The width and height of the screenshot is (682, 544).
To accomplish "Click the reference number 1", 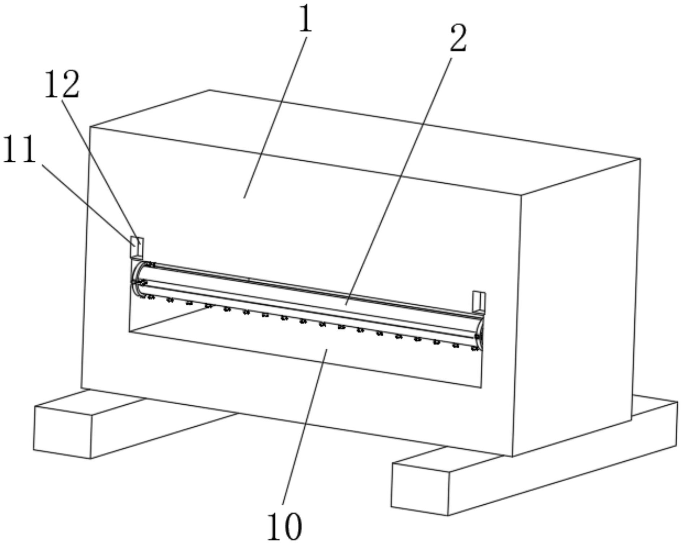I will tap(306, 20).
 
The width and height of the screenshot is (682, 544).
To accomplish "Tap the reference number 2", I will tap(458, 39).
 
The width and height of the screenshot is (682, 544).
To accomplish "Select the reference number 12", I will tap(62, 85).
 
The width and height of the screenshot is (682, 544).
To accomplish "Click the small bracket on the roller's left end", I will tap(137, 247).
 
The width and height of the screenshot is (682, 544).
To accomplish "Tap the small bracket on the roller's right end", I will tap(479, 301).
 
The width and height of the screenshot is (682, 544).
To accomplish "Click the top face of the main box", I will tap(361, 141).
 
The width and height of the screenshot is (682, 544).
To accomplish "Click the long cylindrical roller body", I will tap(307, 296).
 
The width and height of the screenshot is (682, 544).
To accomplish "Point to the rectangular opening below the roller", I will tap(307, 347).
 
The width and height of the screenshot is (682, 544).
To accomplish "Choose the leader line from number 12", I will tap(101, 170).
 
